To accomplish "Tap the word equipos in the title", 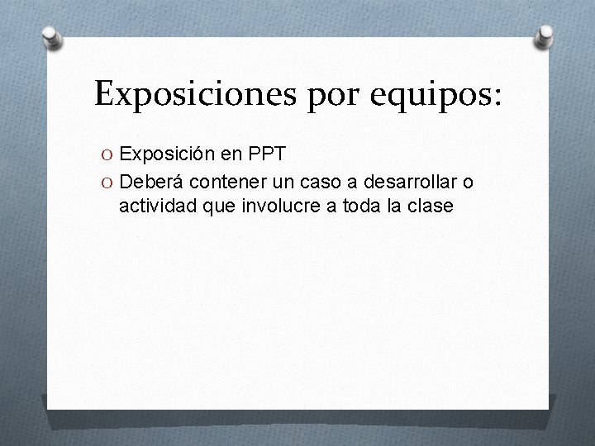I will coord(421,96).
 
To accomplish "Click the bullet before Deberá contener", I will coord(108,182).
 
